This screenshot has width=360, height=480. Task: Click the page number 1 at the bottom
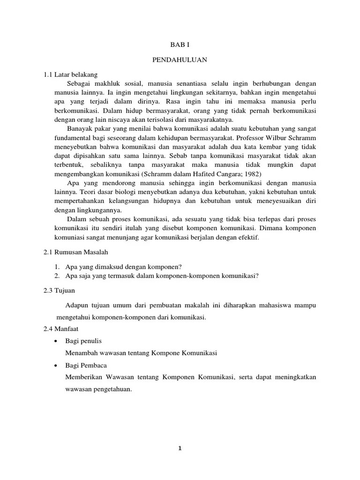coord(180,448)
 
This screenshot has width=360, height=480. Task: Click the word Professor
coord(252,138)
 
